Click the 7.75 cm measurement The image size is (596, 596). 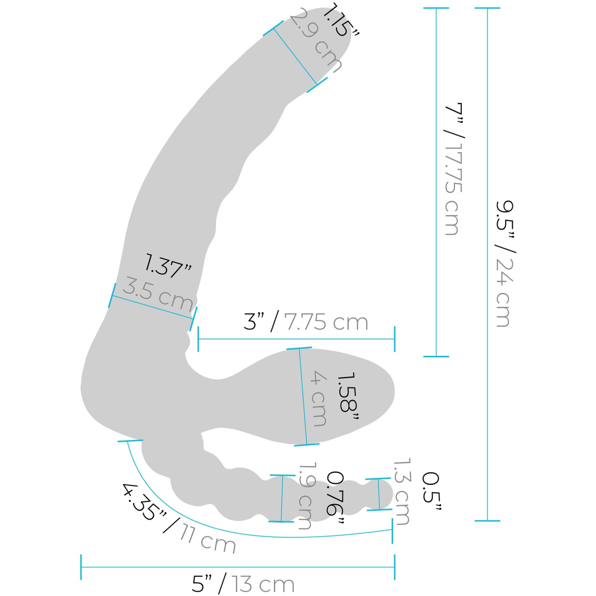[326, 322]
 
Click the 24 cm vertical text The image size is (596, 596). [505, 292]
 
